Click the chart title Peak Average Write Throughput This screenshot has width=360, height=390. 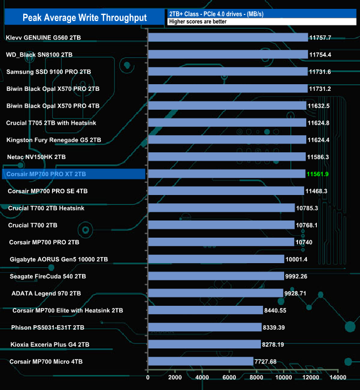[85, 18]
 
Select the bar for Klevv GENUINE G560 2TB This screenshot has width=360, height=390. [228, 38]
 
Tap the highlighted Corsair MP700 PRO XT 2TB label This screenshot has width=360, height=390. [47, 174]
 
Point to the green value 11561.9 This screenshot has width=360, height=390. [318, 174]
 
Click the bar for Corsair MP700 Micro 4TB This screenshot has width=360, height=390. [200, 361]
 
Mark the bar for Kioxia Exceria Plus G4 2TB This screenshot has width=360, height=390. [204, 345]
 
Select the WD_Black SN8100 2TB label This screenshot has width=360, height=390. [39, 55]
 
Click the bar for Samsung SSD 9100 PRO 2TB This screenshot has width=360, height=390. [228, 72]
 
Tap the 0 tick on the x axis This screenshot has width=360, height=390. [148, 378]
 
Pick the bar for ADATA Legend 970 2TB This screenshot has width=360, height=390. [215, 293]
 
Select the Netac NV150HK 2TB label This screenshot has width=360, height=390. [36, 157]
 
